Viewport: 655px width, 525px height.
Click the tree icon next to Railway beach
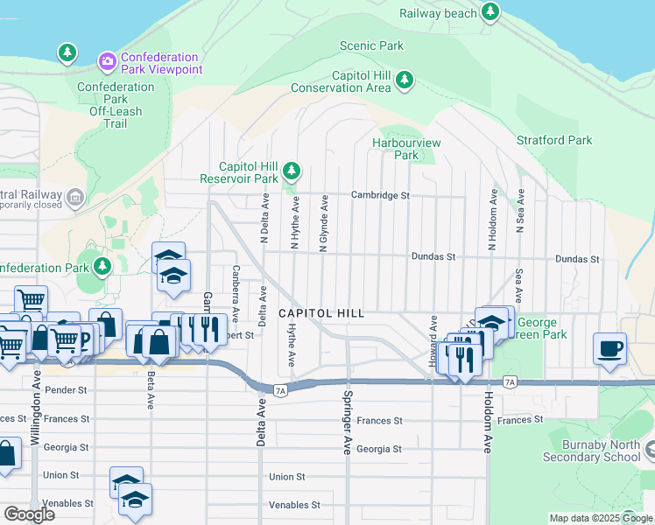491,12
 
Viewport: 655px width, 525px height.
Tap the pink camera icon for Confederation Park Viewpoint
107,60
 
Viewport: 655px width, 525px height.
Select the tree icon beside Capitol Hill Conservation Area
404,80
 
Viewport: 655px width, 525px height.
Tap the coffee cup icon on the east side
609,348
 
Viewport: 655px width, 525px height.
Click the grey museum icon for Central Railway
75,198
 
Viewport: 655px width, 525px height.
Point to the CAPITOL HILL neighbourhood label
320,313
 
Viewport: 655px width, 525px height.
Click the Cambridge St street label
380,195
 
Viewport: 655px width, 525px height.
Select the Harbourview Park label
406,149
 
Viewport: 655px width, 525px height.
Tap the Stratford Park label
554,140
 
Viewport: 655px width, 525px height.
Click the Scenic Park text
372,45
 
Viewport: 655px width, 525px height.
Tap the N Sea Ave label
520,210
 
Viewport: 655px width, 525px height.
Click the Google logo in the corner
29,514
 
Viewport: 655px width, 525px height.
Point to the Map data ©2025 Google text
600,518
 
